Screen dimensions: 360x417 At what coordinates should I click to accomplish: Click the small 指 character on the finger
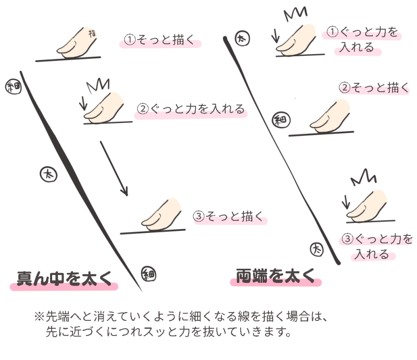(x=93, y=34)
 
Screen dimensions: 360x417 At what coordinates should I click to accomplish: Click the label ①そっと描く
(x=162, y=41)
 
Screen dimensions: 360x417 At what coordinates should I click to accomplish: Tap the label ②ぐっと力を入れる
(x=191, y=109)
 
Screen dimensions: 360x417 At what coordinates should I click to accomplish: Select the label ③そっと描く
(x=229, y=217)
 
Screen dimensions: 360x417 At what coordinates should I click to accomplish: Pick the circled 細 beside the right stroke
(x=280, y=121)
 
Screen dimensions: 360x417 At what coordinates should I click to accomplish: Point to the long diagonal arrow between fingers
(x=114, y=168)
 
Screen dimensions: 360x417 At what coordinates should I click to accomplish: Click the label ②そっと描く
(x=374, y=88)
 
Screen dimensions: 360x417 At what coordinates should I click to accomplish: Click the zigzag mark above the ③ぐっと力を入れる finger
(x=363, y=178)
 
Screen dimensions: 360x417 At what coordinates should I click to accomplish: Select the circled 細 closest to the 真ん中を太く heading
(x=148, y=273)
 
